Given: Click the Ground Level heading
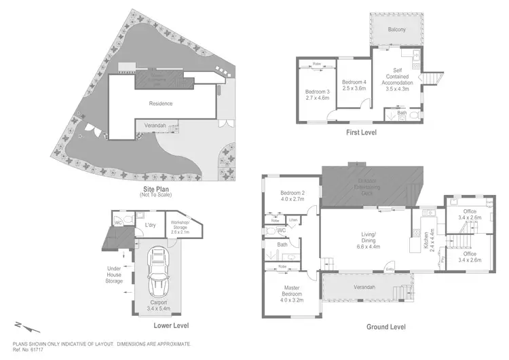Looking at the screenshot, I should click(x=386, y=327).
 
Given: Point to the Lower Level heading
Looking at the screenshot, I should click(x=171, y=325).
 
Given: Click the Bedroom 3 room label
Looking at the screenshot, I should click(x=317, y=94).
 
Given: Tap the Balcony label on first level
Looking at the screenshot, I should click(x=397, y=29).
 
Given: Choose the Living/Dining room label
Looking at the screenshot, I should click(x=365, y=237).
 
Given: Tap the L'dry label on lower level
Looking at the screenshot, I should click(x=151, y=224).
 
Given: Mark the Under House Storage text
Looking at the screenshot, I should click(x=113, y=274).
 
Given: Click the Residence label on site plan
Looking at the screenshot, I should click(x=161, y=103).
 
